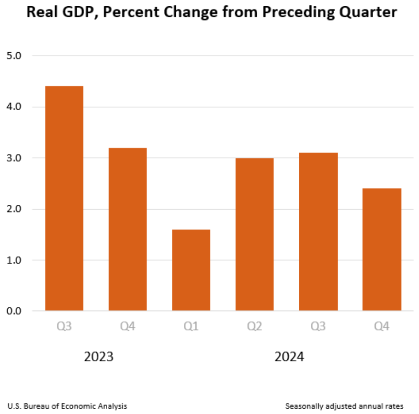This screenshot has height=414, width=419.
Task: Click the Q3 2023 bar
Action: click(64, 199)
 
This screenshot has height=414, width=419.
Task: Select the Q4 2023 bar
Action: click(127, 230)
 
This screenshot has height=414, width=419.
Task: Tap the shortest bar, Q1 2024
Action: click(191, 270)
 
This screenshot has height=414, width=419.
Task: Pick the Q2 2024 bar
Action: click(254, 235)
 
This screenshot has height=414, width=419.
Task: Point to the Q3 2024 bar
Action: click(318, 232)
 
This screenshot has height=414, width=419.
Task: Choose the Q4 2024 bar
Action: click(382, 250)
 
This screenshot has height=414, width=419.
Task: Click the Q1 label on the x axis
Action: click(191, 327)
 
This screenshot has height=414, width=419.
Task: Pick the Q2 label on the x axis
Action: click(254, 327)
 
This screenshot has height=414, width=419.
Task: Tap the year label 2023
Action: click(99, 357)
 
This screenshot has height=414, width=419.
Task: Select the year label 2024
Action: click(289, 357)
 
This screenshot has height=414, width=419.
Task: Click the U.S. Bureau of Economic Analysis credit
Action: click(67, 406)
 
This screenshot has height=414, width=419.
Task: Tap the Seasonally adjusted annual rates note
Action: click(344, 406)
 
